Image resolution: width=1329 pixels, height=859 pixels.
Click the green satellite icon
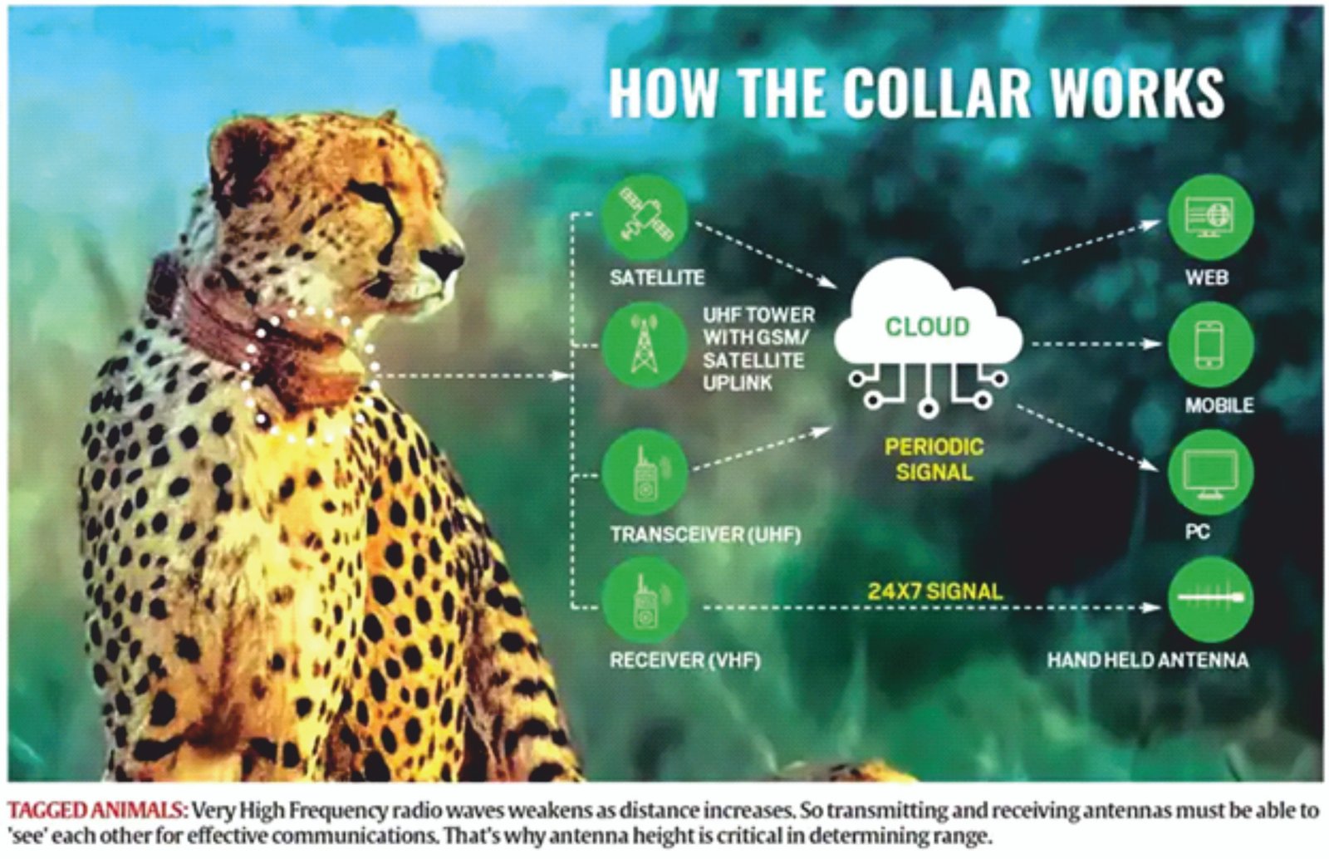pyautogui.click(x=645, y=217)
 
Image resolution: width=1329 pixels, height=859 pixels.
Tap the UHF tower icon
pyautogui.click(x=645, y=346)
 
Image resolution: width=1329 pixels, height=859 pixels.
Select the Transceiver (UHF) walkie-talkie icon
pyautogui.click(x=645, y=473)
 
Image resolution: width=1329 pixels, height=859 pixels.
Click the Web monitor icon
pyautogui.click(x=1211, y=217)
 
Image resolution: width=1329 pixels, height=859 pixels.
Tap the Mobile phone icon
pyautogui.click(x=1211, y=346)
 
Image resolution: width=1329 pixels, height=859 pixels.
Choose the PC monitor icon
pyautogui.click(x=1211, y=473)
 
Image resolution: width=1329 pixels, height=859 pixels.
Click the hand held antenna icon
pyautogui.click(x=1211, y=600)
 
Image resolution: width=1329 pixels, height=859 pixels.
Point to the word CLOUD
pyautogui.click(x=927, y=326)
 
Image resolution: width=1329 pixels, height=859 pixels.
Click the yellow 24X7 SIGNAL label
pyautogui.click(x=935, y=591)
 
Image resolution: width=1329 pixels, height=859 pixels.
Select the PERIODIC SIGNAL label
pyautogui.click(x=934, y=459)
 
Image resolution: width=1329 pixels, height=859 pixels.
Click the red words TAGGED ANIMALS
pyautogui.click(x=97, y=810)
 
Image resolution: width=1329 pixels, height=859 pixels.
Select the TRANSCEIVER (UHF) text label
pyautogui.click(x=705, y=534)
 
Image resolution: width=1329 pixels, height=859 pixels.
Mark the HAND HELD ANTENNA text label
pyautogui.click(x=1147, y=660)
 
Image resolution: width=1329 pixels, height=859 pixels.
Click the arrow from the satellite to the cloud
pyautogui.click(x=767, y=255)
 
